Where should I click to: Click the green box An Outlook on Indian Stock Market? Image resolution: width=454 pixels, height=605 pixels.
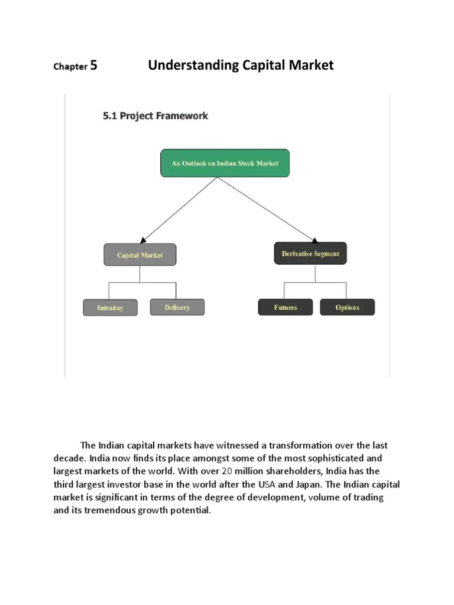pos(225,163)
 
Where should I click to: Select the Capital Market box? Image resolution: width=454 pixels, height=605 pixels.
pos(140,255)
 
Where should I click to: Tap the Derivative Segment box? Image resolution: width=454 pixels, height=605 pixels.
pos(310,253)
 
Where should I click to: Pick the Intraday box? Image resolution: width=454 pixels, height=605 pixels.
pos(110,308)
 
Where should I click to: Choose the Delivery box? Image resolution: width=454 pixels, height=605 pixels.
pos(177,307)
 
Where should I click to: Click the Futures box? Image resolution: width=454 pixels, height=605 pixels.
pos(286,307)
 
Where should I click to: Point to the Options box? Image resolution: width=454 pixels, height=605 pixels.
pos(347,307)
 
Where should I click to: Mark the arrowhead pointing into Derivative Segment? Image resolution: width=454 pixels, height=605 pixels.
pos(314,239)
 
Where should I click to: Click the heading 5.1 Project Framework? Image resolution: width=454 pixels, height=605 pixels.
pos(155,116)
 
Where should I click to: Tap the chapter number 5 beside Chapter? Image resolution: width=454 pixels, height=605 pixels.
pos(93,66)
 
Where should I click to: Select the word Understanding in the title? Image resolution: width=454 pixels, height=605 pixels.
pos(193,65)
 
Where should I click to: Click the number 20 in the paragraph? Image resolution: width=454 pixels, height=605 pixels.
pos(226,471)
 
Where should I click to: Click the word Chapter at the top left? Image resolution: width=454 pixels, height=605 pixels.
pos(70,66)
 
